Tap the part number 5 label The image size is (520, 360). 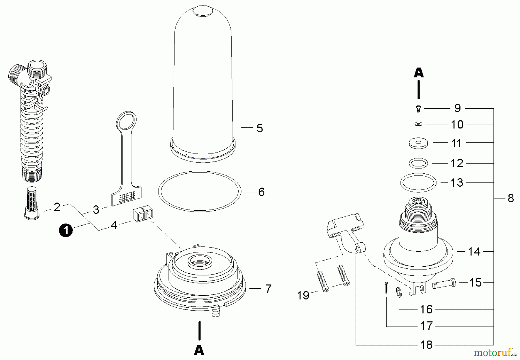260,128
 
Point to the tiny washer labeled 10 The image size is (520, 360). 418,124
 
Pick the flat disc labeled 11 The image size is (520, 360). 418,143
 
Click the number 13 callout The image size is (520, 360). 457,183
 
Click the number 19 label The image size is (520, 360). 303,296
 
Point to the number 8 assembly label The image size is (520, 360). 511,198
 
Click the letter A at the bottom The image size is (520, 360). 199,350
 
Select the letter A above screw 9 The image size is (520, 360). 419,73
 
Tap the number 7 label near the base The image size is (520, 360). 268,288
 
